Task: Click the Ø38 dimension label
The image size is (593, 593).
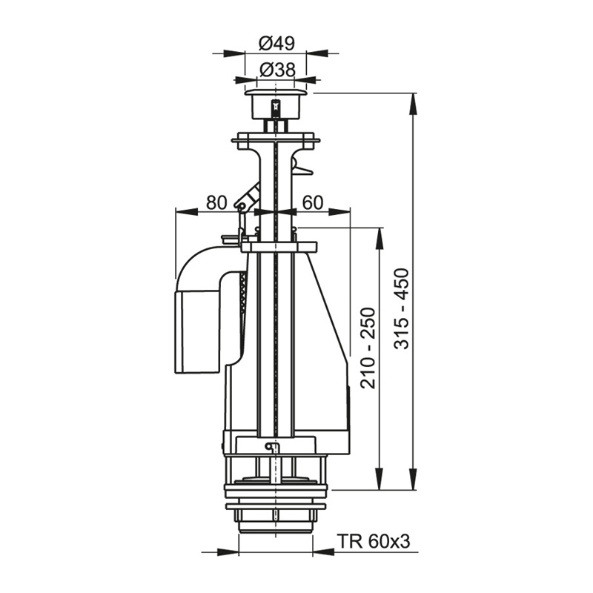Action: point(277,70)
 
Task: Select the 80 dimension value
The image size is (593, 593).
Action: point(216,202)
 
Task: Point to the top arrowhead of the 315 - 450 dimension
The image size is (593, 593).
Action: point(412,99)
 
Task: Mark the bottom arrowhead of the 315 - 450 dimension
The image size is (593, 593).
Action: point(412,483)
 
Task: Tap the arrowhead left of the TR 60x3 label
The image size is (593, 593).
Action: point(232,551)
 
